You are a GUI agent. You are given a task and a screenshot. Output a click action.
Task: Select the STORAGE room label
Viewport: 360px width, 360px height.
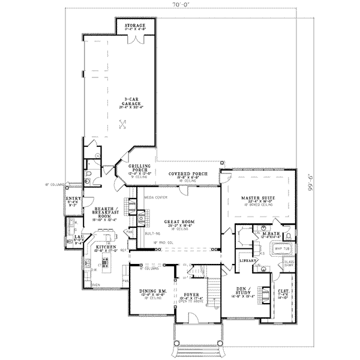(x=134, y=26)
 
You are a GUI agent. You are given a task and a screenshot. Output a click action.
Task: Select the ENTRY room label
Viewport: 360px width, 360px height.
(x=73, y=197)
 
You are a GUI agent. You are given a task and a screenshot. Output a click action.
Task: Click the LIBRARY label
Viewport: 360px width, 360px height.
(x=247, y=260)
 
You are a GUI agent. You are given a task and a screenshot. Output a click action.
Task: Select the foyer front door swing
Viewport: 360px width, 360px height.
(x=190, y=314)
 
